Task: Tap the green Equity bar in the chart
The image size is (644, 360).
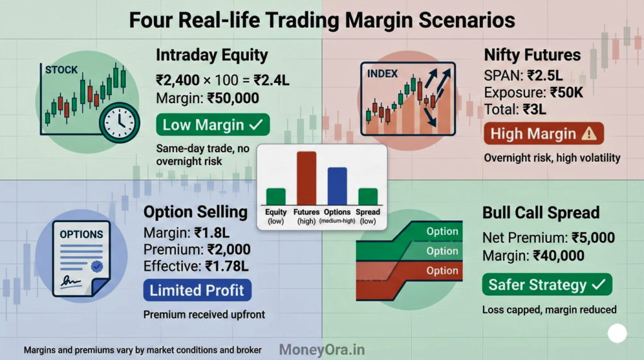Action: pos(275,196)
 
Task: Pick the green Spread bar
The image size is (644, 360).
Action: pos(368,196)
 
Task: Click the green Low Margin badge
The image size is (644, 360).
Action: pos(213,125)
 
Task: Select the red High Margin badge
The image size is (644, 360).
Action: pos(543,134)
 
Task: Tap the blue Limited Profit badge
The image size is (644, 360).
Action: pos(197,291)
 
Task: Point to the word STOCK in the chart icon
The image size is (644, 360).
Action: pos(62,70)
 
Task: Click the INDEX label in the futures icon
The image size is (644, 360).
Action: pos(382,74)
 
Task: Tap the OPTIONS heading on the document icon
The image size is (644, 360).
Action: pos(81,234)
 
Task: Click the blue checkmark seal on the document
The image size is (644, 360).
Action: pos(96,266)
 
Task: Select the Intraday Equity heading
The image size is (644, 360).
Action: pos(212,55)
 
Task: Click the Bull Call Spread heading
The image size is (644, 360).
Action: pos(541,212)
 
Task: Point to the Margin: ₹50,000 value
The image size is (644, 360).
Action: pos(207,98)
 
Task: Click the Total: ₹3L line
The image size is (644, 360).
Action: pos(515,109)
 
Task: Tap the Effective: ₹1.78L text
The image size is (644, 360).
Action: pos(199,266)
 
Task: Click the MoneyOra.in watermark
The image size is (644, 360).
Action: pos(321,349)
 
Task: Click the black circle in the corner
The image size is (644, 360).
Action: pos(617,334)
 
